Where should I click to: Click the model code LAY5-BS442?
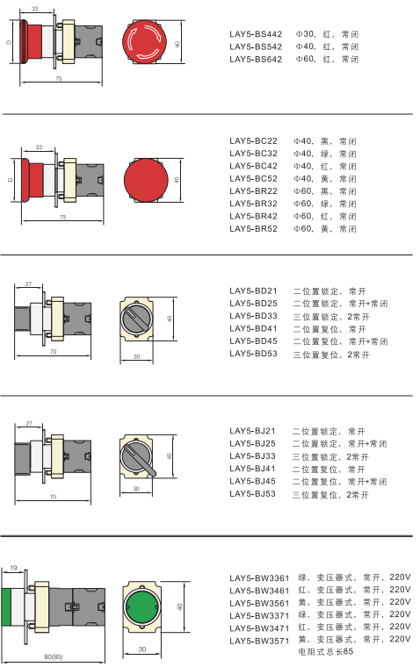point(256,34)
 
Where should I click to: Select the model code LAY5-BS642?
point(256,59)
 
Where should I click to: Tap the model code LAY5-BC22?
point(253,140)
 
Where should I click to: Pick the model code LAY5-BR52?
point(253,229)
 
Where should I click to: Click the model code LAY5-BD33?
point(253,316)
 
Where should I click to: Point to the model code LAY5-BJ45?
point(252,481)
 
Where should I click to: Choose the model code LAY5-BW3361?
point(259,578)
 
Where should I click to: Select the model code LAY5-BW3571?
point(259,641)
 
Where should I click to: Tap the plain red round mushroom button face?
point(145,180)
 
